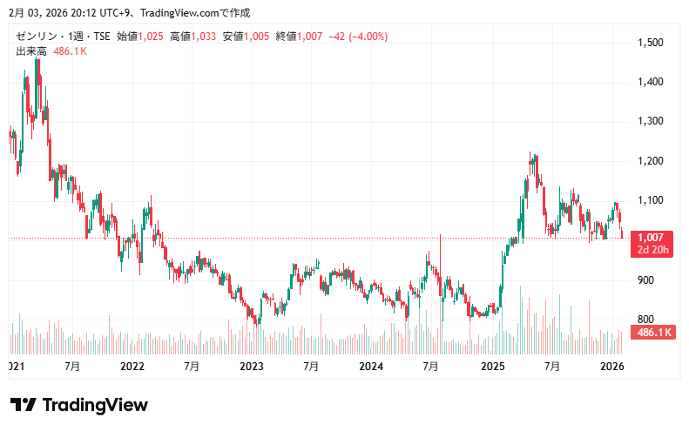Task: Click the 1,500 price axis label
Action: click(x=651, y=43)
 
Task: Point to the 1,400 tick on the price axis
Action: click(x=651, y=82)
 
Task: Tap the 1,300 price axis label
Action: click(x=651, y=122)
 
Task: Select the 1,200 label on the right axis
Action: click(x=651, y=161)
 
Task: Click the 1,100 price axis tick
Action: click(x=651, y=200)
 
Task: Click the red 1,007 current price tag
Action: click(x=652, y=238)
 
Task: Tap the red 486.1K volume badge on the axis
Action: click(x=654, y=333)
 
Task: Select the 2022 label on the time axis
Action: click(x=132, y=367)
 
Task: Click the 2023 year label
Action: click(x=252, y=367)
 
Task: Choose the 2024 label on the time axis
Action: click(x=372, y=367)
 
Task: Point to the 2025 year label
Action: click(x=493, y=367)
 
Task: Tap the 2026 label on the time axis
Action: click(x=613, y=367)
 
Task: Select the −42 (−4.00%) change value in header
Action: click(x=357, y=37)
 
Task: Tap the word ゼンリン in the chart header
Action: click(x=36, y=37)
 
